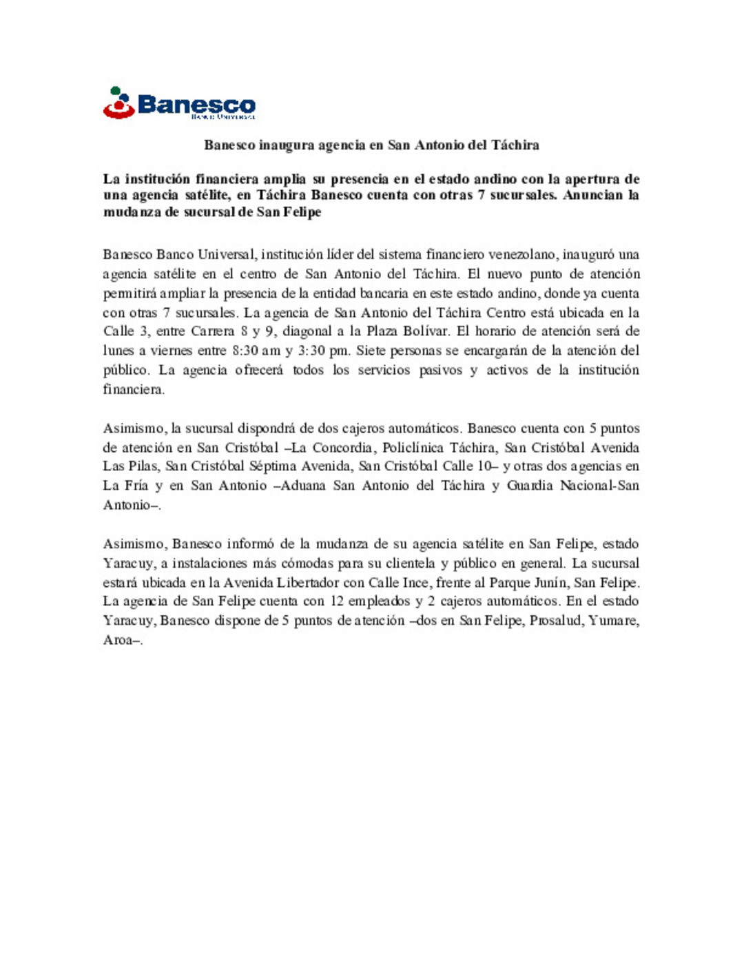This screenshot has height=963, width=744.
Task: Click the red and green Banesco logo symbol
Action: [x=118, y=103]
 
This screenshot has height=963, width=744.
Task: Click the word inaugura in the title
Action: [x=285, y=145]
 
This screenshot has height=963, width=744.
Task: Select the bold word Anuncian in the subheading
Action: [x=592, y=195]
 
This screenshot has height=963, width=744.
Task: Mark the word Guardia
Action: [x=530, y=486]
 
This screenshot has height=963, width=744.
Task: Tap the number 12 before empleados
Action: [x=337, y=601]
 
